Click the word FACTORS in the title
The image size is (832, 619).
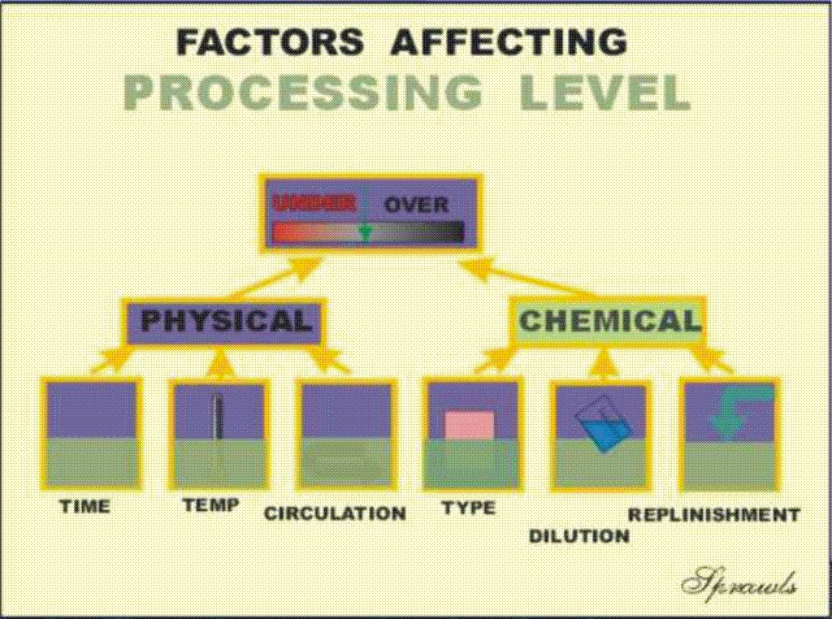270,41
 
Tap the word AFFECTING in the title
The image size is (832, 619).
509,41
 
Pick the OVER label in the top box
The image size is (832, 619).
415,205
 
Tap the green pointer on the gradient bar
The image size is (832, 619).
364,232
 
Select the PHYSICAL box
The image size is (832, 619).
226,322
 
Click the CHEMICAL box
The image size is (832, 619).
609,320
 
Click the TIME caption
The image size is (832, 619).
85,506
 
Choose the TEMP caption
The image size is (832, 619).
210,504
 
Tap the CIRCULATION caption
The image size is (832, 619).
335,513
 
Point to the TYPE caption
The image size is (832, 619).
469,509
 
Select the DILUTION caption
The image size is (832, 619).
579,535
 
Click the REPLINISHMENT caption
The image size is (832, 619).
713,514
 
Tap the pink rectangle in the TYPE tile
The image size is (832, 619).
469,425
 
